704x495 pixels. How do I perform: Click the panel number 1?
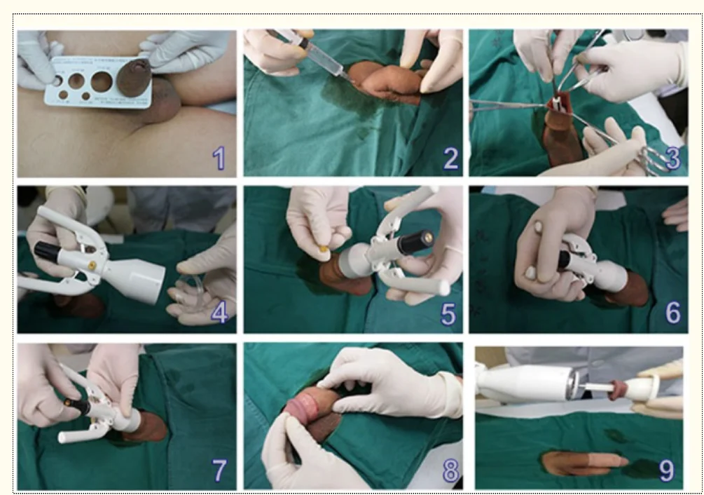pyautogui.click(x=219, y=158)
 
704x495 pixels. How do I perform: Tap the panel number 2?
pyautogui.click(x=450, y=158)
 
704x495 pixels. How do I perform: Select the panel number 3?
pyautogui.click(x=672, y=158)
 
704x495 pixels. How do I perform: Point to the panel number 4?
pyautogui.click(x=219, y=313)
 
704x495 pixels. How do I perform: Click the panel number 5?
pyautogui.click(x=448, y=314)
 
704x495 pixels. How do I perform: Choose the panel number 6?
pyautogui.click(x=672, y=313)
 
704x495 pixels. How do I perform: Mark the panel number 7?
pyautogui.click(x=219, y=470)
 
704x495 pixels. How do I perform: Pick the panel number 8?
pyautogui.click(x=450, y=470)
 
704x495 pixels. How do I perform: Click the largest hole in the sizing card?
pyautogui.click(x=101, y=82)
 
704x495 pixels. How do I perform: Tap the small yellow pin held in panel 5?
pyautogui.click(x=324, y=249)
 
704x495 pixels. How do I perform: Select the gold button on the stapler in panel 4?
pyautogui.click(x=91, y=265)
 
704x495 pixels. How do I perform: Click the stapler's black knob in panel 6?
pyautogui.click(x=565, y=260)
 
